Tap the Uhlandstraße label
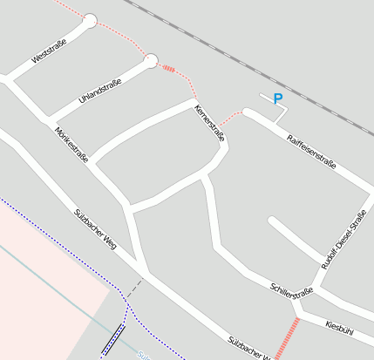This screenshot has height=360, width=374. (x=99, y=91)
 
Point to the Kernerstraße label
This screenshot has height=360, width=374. (x=209, y=124)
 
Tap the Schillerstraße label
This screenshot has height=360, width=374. (x=291, y=291)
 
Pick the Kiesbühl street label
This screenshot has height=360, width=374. (x=339, y=326)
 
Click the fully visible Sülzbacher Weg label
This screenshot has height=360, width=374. (x=95, y=226)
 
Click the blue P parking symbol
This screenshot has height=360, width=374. (x=278, y=98)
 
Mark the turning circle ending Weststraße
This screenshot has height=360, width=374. (x=90, y=20)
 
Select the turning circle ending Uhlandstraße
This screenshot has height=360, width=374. (x=151, y=60)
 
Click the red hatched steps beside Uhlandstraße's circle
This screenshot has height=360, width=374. (x=168, y=68)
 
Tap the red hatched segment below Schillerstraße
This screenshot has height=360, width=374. (x=287, y=338)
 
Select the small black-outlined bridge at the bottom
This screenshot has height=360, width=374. (x=112, y=339)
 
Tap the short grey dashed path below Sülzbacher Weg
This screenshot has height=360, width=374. (x=134, y=287)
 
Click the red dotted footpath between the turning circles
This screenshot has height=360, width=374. (x=122, y=37)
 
